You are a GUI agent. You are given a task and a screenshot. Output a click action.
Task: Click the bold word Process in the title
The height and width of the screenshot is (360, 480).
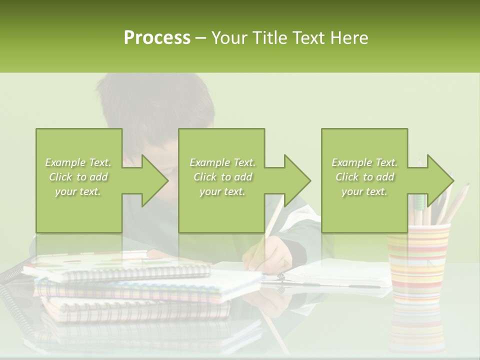click(157, 38)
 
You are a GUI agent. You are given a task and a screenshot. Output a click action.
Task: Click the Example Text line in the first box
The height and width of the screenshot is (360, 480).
click(78, 162)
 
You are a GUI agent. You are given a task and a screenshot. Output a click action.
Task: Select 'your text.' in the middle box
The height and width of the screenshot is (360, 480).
click(222, 191)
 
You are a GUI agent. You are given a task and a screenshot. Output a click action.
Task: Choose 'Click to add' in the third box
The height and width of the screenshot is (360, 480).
click(364, 177)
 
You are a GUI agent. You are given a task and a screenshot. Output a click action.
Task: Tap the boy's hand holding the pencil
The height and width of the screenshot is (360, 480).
click(265, 255)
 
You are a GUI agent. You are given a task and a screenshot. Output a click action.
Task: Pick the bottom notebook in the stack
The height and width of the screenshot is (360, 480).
click(135, 307)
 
